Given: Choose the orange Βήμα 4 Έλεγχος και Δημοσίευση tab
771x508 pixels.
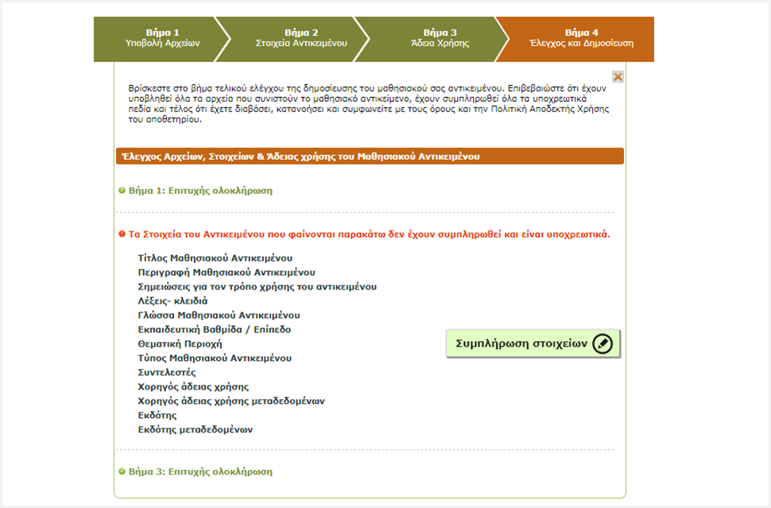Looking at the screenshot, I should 581,38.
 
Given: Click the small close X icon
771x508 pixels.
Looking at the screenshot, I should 618,76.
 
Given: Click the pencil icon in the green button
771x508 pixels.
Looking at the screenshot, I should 602,344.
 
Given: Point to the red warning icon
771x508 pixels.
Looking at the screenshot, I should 122,235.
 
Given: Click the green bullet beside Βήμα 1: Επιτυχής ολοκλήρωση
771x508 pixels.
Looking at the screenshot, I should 122,191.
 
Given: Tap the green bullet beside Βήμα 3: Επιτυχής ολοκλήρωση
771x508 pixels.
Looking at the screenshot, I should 122,471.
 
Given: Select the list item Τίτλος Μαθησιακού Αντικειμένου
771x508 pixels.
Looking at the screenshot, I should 215,258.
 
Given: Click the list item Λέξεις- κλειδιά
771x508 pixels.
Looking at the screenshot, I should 172,301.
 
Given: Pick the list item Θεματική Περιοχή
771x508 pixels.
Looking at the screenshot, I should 180,344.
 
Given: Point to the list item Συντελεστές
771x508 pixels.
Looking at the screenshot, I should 167,373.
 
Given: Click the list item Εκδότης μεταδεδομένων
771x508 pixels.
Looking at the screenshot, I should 195,430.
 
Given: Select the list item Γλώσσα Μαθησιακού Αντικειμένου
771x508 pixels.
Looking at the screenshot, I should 219,316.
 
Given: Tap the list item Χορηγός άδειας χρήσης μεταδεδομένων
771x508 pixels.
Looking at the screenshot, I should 231,401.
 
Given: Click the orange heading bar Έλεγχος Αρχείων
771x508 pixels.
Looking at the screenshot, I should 370,157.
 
